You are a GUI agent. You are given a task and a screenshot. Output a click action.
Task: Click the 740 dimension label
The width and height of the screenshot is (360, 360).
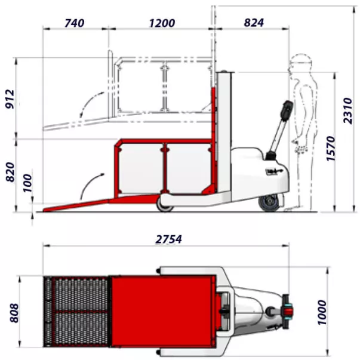pyautogui.click(x=75, y=23)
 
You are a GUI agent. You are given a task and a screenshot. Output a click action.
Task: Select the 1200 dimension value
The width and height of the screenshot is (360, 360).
pyautogui.click(x=162, y=23)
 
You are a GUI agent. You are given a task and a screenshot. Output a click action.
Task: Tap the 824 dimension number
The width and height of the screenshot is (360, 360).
pyautogui.click(x=254, y=23)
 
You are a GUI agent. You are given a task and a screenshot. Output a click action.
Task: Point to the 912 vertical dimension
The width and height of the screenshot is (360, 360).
pyautogui.click(x=10, y=99)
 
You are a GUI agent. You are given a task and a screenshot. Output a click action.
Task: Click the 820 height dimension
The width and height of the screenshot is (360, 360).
pyautogui.click(x=10, y=172)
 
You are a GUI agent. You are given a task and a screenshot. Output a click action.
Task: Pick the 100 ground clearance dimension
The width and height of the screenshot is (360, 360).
pyautogui.click(x=27, y=183)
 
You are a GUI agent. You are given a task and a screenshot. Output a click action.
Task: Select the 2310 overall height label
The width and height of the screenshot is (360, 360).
pyautogui.click(x=347, y=110)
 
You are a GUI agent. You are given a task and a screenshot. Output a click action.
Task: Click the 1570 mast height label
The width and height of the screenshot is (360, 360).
pyautogui.click(x=331, y=149)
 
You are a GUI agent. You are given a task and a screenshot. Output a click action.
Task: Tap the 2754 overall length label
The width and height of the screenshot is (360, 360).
pyautogui.click(x=169, y=239)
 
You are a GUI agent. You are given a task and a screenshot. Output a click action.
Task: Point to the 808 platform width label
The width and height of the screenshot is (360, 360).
pyautogui.click(x=14, y=313)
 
